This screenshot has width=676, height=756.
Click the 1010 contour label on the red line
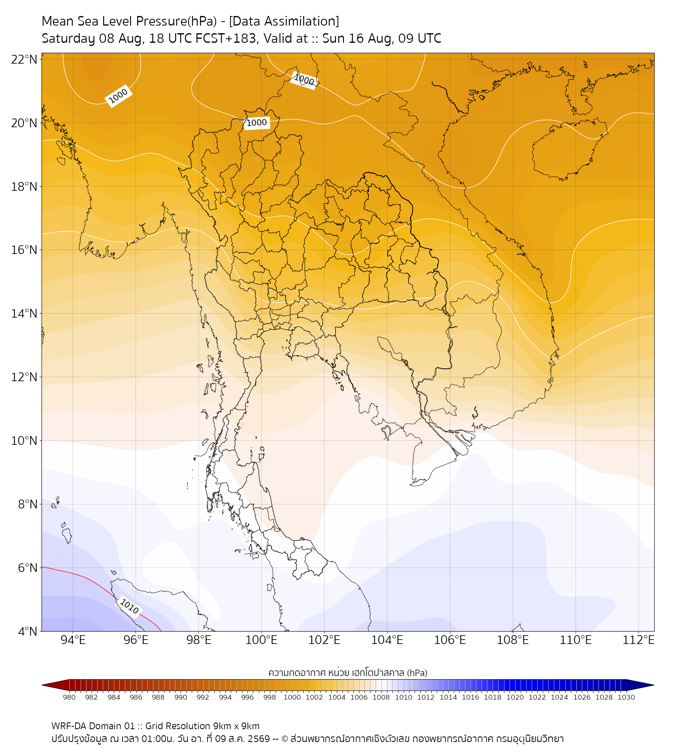point(129,606)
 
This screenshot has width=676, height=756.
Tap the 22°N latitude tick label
point(24,59)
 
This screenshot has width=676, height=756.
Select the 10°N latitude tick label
point(24,441)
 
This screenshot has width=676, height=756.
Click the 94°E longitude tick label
point(73,640)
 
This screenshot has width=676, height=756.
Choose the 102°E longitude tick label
point(324,640)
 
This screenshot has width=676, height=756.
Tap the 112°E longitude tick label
point(638,640)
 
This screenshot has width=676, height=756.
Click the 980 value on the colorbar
point(69,697)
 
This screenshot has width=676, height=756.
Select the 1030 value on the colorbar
point(626,697)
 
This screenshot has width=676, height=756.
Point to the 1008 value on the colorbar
point(381,697)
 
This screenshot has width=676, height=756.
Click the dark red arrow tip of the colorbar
point(43,685)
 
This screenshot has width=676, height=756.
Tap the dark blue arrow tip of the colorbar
point(653,685)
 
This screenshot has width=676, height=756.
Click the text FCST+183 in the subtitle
point(226,39)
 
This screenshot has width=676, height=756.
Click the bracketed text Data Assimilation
point(284,21)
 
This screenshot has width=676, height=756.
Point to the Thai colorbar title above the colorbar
point(348,672)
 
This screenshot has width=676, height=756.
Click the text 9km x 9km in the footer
point(236,726)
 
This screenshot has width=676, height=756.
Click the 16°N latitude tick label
point(24,250)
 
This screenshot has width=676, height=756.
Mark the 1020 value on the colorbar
point(515,697)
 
